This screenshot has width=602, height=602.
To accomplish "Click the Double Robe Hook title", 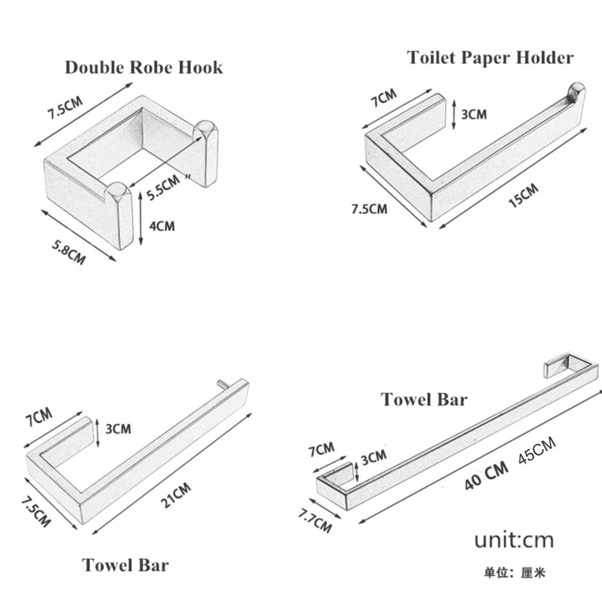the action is (x=144, y=68).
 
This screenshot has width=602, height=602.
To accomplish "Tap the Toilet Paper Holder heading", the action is (x=490, y=58).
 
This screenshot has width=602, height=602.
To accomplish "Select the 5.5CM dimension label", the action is (x=164, y=187).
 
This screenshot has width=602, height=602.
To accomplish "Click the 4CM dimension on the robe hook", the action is (x=162, y=226).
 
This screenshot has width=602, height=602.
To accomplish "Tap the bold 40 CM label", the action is (x=487, y=480).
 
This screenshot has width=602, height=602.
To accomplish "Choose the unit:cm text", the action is (x=514, y=540).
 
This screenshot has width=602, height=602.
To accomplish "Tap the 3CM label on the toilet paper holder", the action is (x=474, y=115).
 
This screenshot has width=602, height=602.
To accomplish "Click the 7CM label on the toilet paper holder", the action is (x=384, y=98).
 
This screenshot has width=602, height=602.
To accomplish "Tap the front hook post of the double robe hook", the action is (x=120, y=216).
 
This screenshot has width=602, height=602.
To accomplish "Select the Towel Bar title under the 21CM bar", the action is (x=125, y=565).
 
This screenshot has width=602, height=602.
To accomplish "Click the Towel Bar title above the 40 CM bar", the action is (x=424, y=399).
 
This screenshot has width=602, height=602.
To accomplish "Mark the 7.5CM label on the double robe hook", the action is (x=65, y=108).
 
